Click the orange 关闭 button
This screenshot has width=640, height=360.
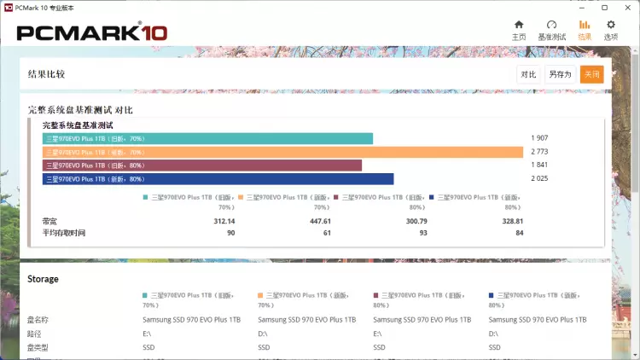click(x=591, y=74)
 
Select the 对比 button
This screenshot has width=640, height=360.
click(x=529, y=74)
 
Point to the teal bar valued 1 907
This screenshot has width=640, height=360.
click(x=207, y=138)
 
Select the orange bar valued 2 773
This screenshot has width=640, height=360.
click(x=282, y=152)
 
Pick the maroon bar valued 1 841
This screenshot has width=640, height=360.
click(x=202, y=165)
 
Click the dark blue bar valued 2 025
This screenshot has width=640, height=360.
click(x=218, y=179)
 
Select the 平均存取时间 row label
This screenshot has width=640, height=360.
click(x=64, y=233)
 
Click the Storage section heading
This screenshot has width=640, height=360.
click(x=43, y=279)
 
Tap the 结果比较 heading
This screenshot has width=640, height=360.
click(x=46, y=74)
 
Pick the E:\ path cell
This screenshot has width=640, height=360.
click(x=148, y=334)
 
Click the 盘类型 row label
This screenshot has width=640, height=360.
click(x=38, y=347)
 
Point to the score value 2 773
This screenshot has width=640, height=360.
click(x=538, y=152)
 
